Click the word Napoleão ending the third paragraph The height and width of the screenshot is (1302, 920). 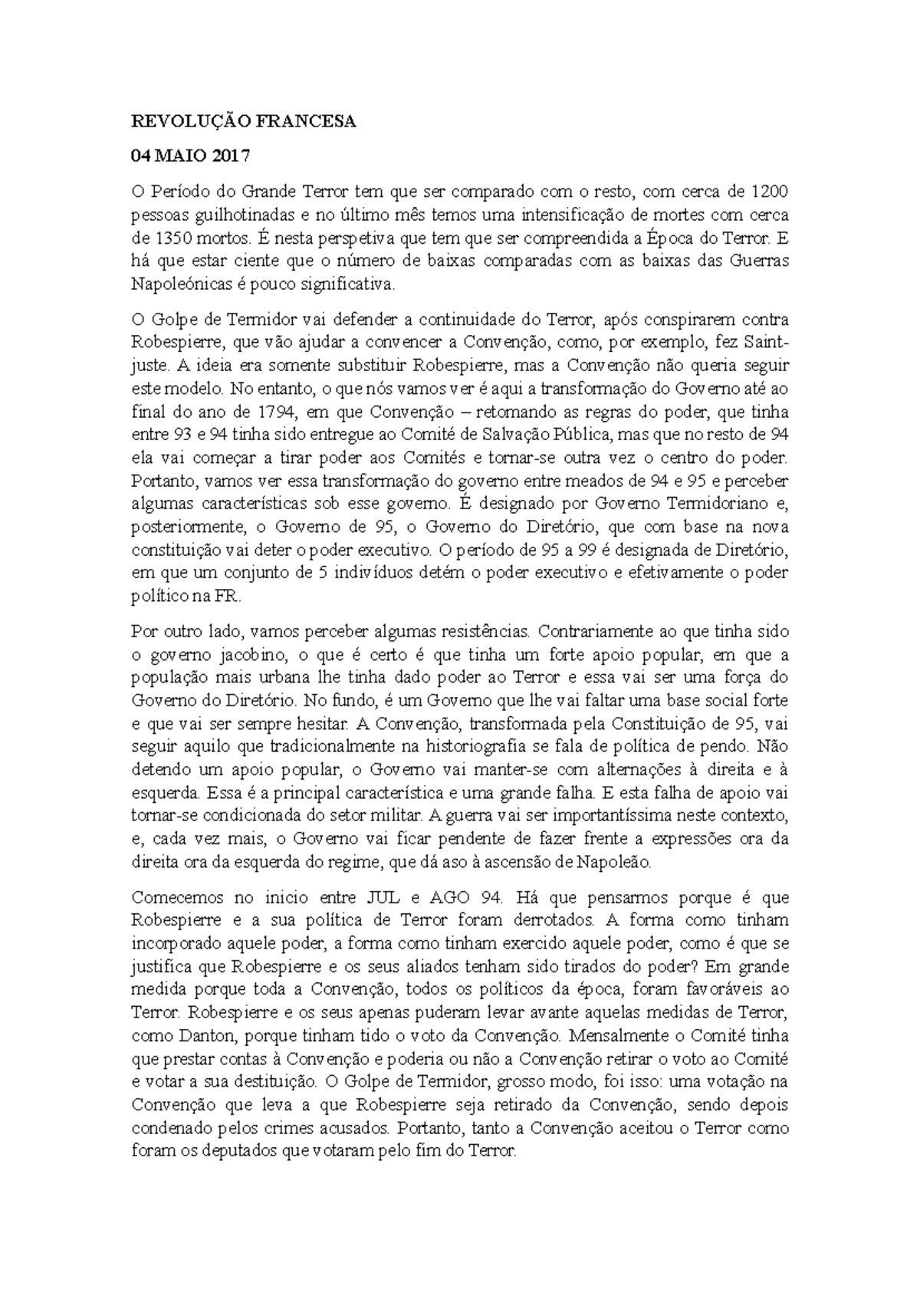[622, 863]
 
